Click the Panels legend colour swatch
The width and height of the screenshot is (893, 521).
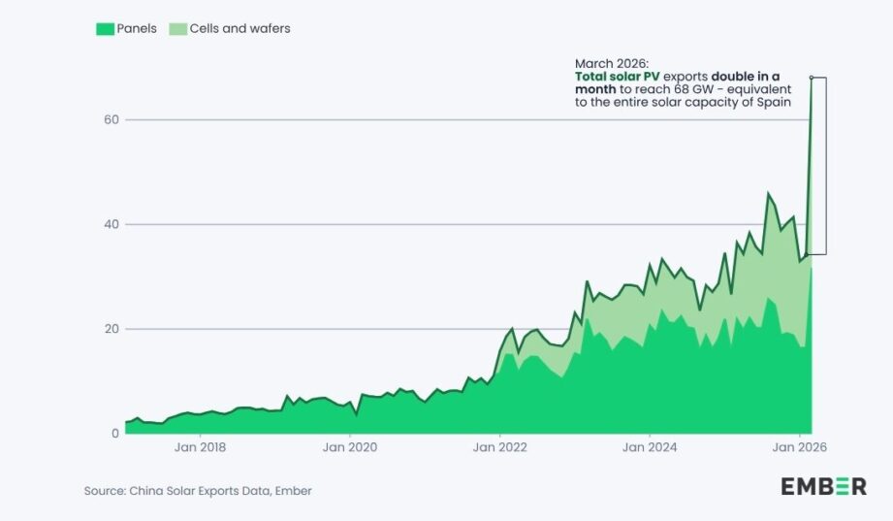pyautogui.click(x=104, y=29)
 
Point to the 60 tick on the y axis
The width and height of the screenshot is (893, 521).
pyautogui.click(x=111, y=119)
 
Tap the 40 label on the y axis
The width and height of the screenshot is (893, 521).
pyautogui.click(x=111, y=224)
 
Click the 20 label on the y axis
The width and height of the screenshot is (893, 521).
pyautogui.click(x=111, y=329)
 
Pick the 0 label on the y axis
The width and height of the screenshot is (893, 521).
pyautogui.click(x=113, y=434)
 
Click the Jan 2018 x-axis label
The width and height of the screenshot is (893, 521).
pyautogui.click(x=200, y=448)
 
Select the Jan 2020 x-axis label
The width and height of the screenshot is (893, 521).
pyautogui.click(x=349, y=448)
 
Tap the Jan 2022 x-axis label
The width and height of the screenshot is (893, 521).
pyautogui.click(x=498, y=448)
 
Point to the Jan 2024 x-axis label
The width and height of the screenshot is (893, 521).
pyautogui.click(x=648, y=448)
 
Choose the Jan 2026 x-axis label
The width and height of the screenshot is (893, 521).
pyautogui.click(x=797, y=448)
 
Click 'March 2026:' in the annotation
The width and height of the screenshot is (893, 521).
pyautogui.click(x=611, y=62)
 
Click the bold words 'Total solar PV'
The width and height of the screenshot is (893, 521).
pyautogui.click(x=618, y=76)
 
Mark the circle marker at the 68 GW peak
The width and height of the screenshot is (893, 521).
pyautogui.click(x=811, y=78)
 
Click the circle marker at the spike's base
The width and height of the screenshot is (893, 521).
pyautogui.click(x=806, y=255)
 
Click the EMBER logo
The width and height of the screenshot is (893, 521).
pyautogui.click(x=823, y=487)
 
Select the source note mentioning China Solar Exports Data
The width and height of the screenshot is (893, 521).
pyautogui.click(x=198, y=491)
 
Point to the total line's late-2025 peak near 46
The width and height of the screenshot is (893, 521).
pyautogui.click(x=768, y=193)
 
